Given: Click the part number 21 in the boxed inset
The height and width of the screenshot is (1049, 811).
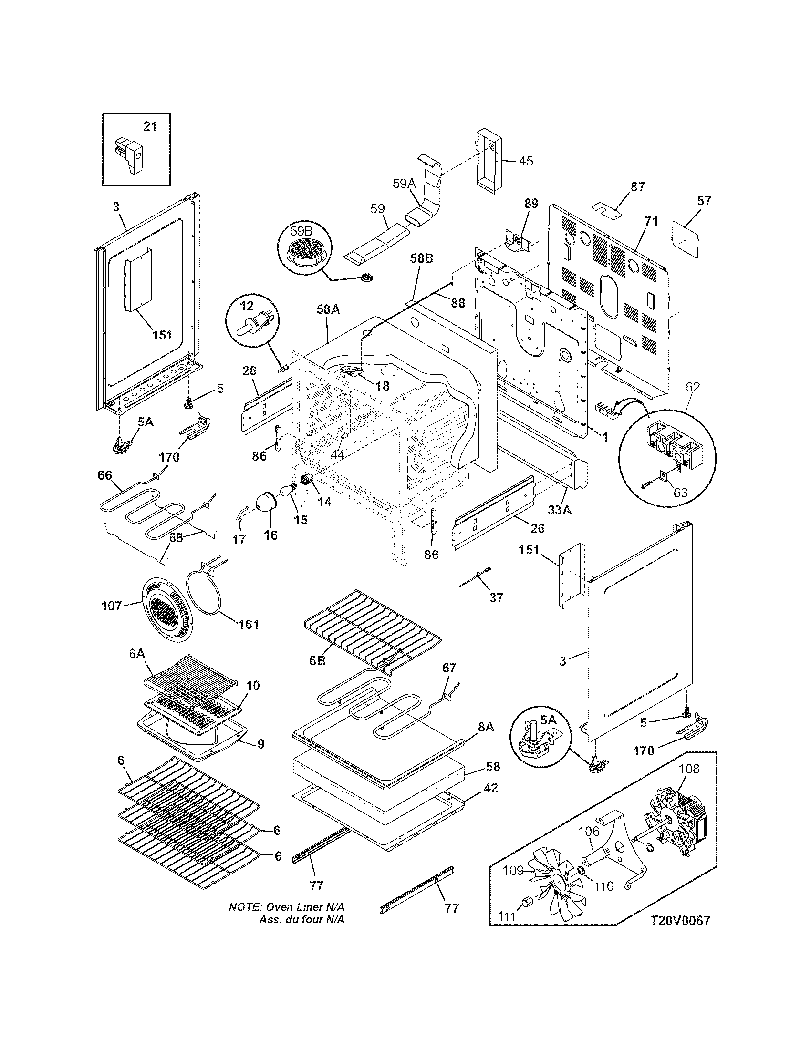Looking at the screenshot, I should (x=150, y=127).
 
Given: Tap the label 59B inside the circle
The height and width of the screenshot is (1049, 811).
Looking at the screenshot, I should (x=301, y=231).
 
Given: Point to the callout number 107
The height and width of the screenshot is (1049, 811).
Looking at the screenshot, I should (x=112, y=607).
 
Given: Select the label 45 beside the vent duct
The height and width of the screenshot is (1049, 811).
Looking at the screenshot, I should (x=526, y=161).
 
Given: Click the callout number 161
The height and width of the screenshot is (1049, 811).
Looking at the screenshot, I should (x=249, y=625).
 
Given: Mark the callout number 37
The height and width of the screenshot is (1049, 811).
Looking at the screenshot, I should (x=496, y=597).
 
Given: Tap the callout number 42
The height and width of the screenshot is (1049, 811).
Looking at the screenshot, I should (x=491, y=788).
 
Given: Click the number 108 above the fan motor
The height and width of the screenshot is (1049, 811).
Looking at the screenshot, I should (x=690, y=769).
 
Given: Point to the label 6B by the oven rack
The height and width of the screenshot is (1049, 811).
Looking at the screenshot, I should (x=317, y=660).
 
